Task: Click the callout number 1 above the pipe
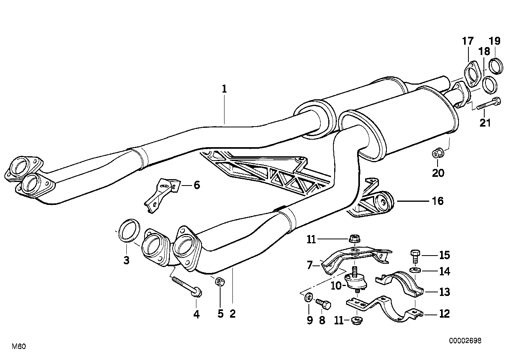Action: (224, 89)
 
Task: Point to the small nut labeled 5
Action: (220, 282)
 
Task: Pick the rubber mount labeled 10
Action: (356, 280)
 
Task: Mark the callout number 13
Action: (444, 292)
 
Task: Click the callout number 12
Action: (444, 314)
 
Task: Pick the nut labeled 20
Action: (437, 152)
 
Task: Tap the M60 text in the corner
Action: (19, 347)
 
